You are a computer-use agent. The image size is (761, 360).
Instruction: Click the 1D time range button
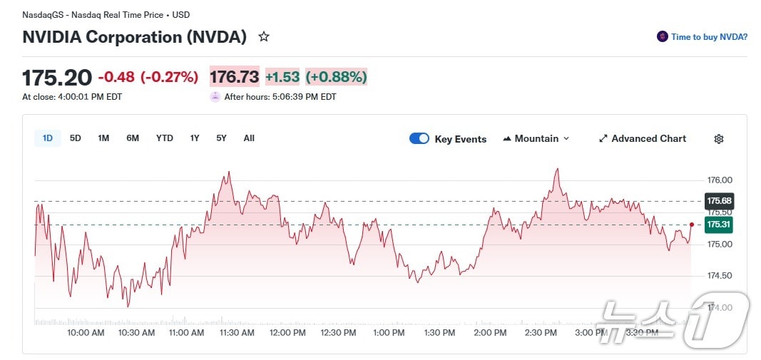click(48, 138)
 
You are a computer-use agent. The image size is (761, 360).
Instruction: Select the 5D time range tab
click(75, 138)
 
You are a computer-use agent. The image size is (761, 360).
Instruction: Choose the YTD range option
click(164, 138)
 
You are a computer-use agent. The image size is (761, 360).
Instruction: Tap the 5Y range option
click(221, 138)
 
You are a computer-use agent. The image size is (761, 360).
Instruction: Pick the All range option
click(249, 138)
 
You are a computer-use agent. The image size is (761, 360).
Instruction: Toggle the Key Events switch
click(419, 138)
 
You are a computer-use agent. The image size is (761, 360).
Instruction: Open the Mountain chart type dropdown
click(536, 138)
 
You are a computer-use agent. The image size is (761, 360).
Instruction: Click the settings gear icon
click(719, 139)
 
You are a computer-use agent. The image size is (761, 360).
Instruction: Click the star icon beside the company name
click(264, 36)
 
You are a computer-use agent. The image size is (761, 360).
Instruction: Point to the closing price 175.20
click(57, 77)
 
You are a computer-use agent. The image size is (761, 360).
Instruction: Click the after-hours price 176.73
click(234, 77)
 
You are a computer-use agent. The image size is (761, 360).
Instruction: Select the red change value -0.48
click(116, 77)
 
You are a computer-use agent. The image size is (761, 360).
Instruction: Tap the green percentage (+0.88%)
click(336, 77)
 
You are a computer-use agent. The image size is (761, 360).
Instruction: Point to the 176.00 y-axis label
click(719, 180)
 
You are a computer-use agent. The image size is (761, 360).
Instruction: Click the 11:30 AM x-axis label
click(238, 333)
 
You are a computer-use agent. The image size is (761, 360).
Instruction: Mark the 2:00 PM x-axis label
click(490, 333)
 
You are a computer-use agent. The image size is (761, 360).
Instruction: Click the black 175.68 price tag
click(719, 201)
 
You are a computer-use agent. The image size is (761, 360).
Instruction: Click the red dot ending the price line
click(692, 225)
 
